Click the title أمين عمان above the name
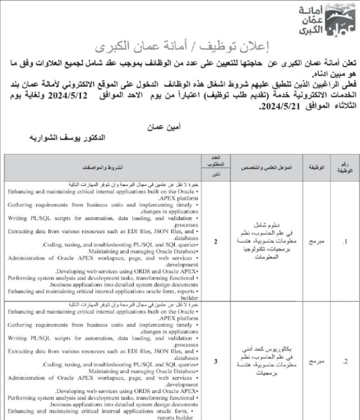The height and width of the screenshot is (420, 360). click(167, 126)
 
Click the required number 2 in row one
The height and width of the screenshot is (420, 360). click(216, 242)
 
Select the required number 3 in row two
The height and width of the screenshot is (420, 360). click(216, 361)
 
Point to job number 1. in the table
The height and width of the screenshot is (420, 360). click(345, 242)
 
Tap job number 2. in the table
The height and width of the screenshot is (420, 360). click(345, 361)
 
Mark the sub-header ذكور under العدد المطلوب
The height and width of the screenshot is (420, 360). click(216, 175)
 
